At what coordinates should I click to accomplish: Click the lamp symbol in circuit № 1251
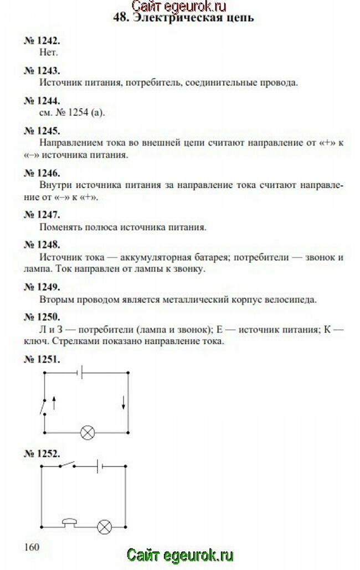coord(87,432)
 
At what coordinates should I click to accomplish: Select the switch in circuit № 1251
coord(43,406)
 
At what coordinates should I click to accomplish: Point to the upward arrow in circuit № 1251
coord(54,402)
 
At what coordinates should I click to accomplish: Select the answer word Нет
coord(49,53)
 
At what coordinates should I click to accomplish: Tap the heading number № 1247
coord(42,214)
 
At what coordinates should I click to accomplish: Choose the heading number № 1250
coord(42,317)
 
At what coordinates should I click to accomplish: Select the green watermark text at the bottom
coord(180,555)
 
